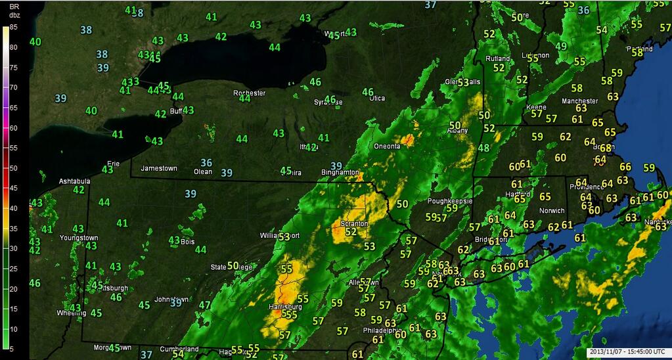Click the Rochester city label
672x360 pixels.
(x=250, y=93)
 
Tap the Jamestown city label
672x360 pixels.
(x=159, y=168)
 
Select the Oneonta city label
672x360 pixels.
(x=388, y=146)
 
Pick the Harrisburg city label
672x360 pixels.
(x=285, y=307)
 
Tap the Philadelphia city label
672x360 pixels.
(x=381, y=330)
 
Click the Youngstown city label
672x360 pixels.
(x=79, y=237)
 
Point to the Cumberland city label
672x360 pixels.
(x=179, y=349)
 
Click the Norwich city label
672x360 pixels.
(x=552, y=211)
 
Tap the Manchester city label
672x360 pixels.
(x=580, y=101)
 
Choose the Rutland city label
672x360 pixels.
(x=497, y=58)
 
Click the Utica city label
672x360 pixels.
(x=376, y=98)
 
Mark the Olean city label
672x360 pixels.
(x=202, y=171)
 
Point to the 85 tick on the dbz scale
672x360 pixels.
(x=12, y=28)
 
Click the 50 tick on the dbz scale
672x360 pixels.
(x=12, y=168)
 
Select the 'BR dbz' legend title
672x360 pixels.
(x=14, y=10)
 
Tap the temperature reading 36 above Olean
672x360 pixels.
(x=206, y=162)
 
